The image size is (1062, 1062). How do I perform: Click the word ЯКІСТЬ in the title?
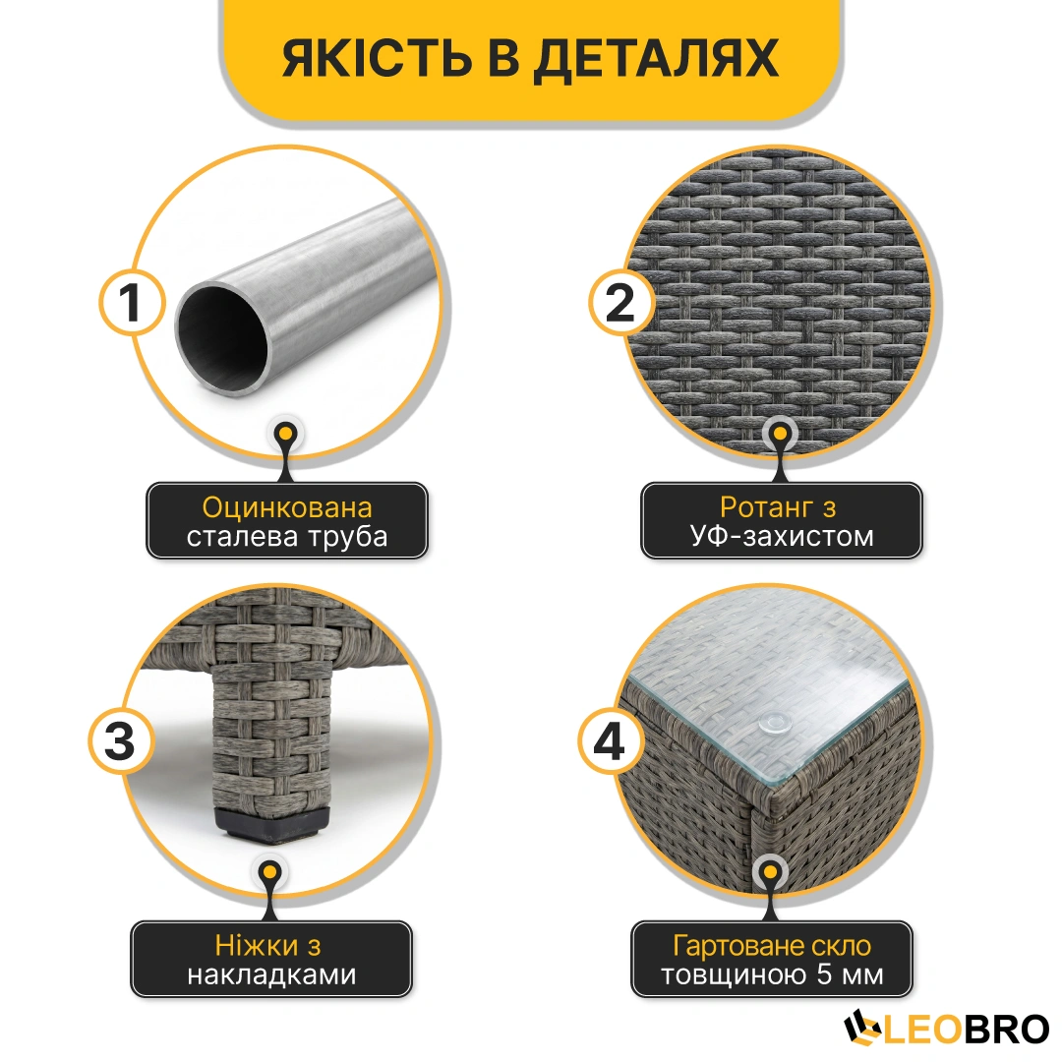pyautogui.click(x=378, y=57)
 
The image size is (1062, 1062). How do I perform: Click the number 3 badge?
pyautogui.click(x=121, y=741)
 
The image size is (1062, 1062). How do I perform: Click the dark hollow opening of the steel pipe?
pyautogui.click(x=223, y=337)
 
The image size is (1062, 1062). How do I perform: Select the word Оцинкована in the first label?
pyautogui.click(x=287, y=507)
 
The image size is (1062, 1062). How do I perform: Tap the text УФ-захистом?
pyautogui.click(x=782, y=536)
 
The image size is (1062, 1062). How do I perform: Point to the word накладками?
pyautogui.click(x=271, y=974)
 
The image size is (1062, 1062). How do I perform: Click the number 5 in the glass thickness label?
pyautogui.click(x=824, y=974)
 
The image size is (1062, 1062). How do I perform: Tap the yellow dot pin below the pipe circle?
pyautogui.click(x=286, y=433)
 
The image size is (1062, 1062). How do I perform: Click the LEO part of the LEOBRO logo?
pyautogui.click(x=921, y=1031)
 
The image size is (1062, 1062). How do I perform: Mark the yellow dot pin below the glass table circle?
pyautogui.click(x=770, y=871)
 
